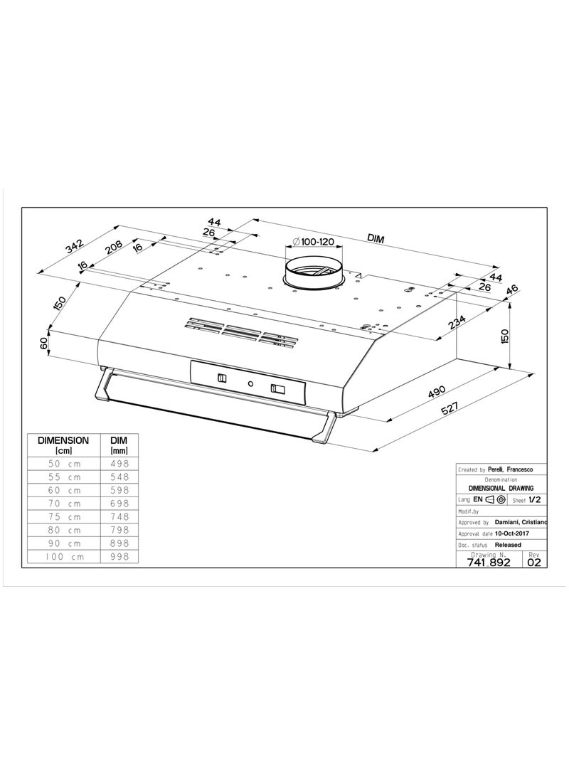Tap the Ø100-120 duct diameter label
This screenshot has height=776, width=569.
(x=314, y=242)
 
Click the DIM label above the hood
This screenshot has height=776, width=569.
(x=376, y=238)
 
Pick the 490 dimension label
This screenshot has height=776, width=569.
(x=437, y=391)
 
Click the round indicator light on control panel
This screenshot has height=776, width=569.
(x=251, y=383)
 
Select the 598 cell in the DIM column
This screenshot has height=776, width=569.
(x=119, y=490)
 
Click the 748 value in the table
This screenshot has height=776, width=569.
(x=119, y=516)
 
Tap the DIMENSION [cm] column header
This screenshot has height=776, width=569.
(x=63, y=445)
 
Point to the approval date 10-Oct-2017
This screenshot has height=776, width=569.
(x=512, y=533)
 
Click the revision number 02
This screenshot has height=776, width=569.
(x=534, y=562)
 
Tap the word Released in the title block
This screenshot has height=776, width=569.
(x=508, y=545)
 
